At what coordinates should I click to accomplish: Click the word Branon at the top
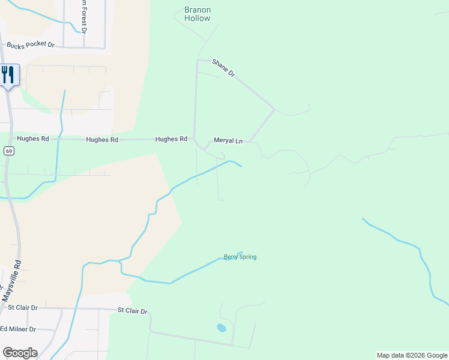tap(197, 10)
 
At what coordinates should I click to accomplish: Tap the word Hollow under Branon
tap(197, 19)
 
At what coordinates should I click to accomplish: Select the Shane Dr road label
tap(223, 67)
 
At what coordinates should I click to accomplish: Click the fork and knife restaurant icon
tap(8, 75)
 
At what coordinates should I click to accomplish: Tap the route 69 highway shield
tap(8, 151)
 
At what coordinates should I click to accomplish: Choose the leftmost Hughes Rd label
tap(33, 138)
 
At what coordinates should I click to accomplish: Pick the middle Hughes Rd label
tap(102, 139)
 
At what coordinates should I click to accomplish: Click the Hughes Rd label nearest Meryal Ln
tap(171, 139)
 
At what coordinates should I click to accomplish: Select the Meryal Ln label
tap(228, 142)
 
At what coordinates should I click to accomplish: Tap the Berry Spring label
tap(240, 257)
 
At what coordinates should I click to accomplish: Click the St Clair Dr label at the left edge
tap(22, 308)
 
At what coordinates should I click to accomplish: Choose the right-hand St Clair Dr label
tap(132, 311)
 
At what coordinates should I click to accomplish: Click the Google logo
tap(20, 353)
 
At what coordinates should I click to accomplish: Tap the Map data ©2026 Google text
tap(412, 355)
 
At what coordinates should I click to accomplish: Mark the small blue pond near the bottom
tap(221, 328)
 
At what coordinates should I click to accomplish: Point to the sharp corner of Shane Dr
tap(274, 109)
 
